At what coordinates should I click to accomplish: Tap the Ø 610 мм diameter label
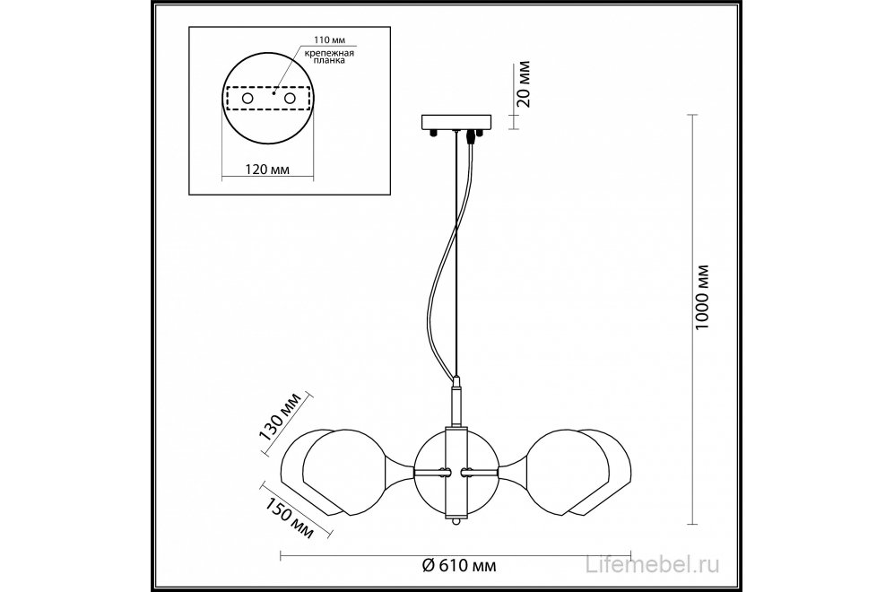[459, 565]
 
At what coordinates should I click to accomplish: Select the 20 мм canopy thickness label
[524, 83]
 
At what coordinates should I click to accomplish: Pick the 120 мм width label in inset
[267, 170]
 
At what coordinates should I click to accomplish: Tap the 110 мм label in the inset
[330, 40]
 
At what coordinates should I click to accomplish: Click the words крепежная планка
[328, 56]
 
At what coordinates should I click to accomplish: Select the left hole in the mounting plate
[247, 99]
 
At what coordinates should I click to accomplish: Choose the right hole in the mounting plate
[291, 99]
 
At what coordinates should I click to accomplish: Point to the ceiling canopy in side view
[456, 122]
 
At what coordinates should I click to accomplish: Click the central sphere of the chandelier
[456, 472]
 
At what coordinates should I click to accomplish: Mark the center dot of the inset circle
[273, 92]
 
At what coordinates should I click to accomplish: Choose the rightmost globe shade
[599, 472]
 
